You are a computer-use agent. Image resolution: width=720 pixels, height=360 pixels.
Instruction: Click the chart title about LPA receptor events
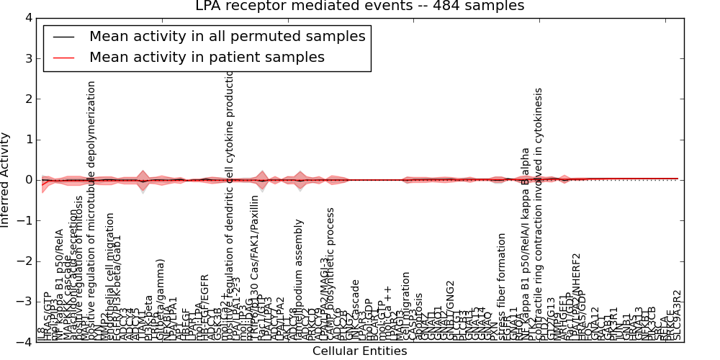(x=360, y=6)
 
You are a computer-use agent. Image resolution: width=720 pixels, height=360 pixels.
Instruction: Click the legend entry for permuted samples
(x=227, y=36)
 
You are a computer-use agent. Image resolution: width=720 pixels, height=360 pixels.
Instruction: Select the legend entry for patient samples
(x=207, y=57)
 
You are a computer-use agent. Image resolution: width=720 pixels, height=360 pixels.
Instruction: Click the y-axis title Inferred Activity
(x=6, y=179)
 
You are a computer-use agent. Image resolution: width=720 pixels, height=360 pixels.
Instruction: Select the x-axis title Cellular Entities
(x=359, y=351)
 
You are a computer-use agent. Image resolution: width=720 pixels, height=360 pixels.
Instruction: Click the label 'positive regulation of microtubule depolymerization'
(x=91, y=209)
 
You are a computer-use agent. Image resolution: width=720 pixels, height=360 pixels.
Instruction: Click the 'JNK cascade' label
(x=355, y=309)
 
